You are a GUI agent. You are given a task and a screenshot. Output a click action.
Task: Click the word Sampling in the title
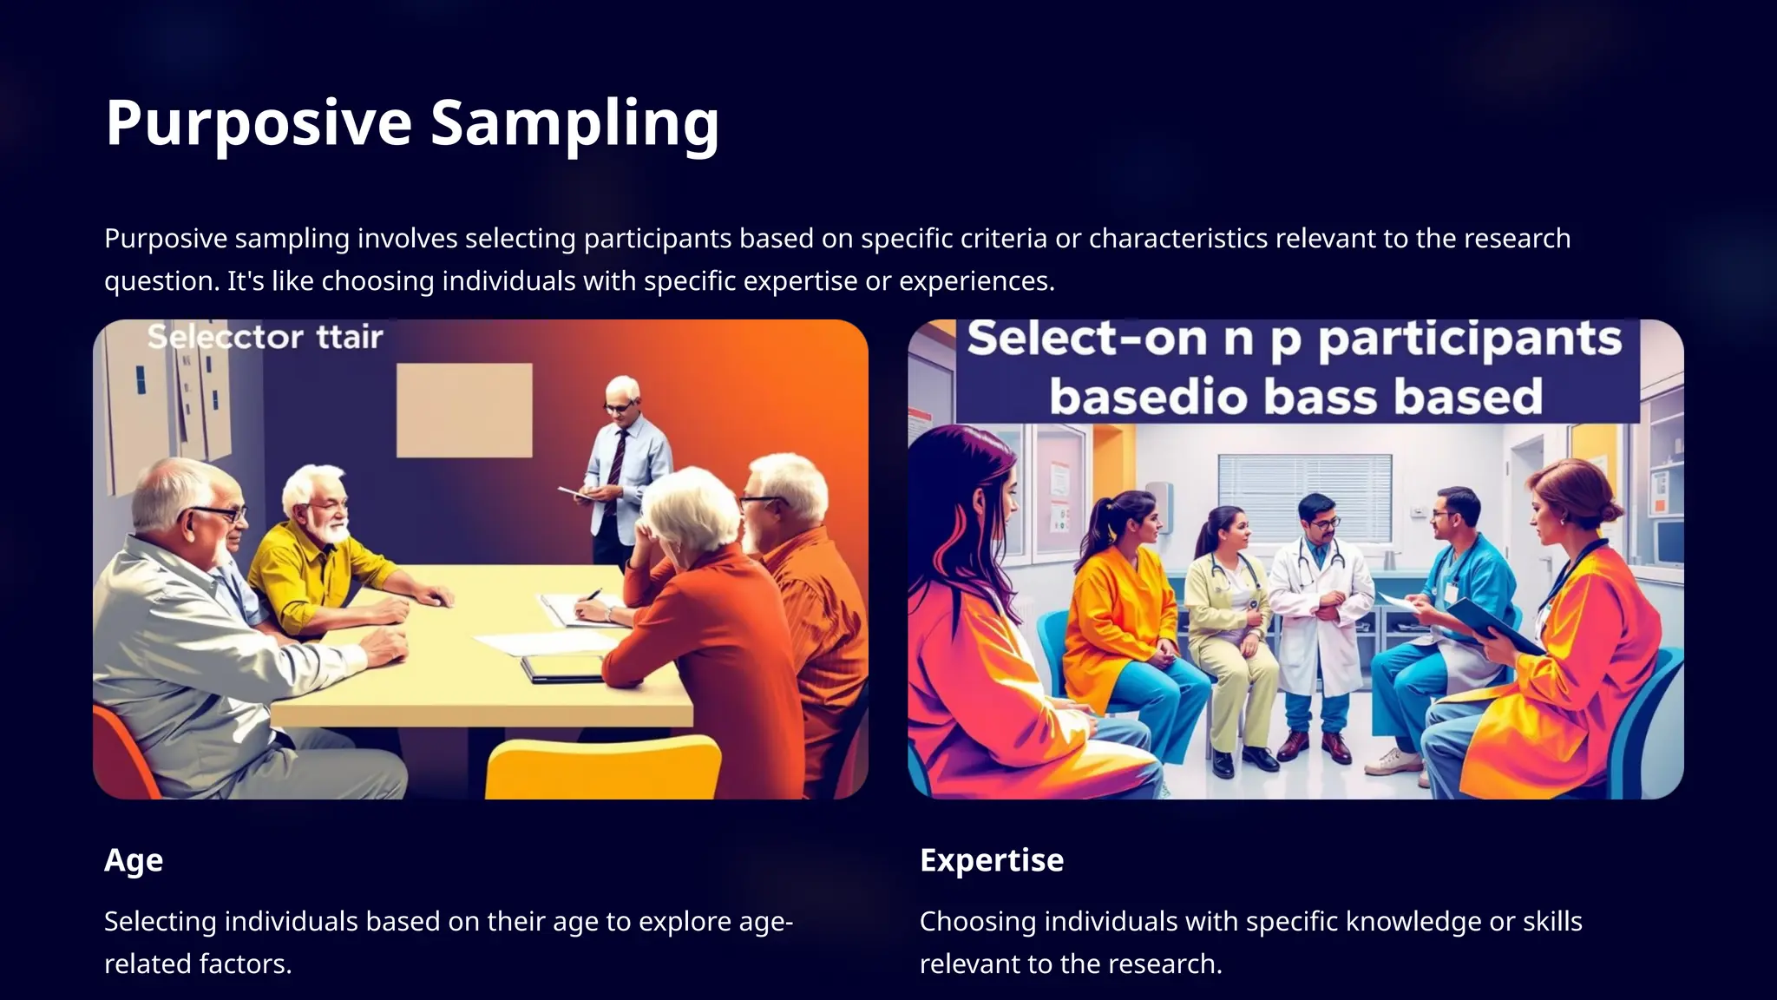(574, 123)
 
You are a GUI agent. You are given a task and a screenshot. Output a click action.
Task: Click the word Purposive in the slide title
(259, 123)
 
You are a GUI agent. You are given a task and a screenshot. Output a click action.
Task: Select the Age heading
(134, 860)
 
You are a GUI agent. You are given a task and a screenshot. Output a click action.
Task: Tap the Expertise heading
(992, 860)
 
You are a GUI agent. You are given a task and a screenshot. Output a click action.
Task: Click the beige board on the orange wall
(464, 410)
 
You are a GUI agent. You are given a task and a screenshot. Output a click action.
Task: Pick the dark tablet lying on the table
(562, 668)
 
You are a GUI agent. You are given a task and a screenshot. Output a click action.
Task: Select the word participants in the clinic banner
(1469, 339)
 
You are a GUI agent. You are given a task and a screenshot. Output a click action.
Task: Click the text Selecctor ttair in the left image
(265, 337)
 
